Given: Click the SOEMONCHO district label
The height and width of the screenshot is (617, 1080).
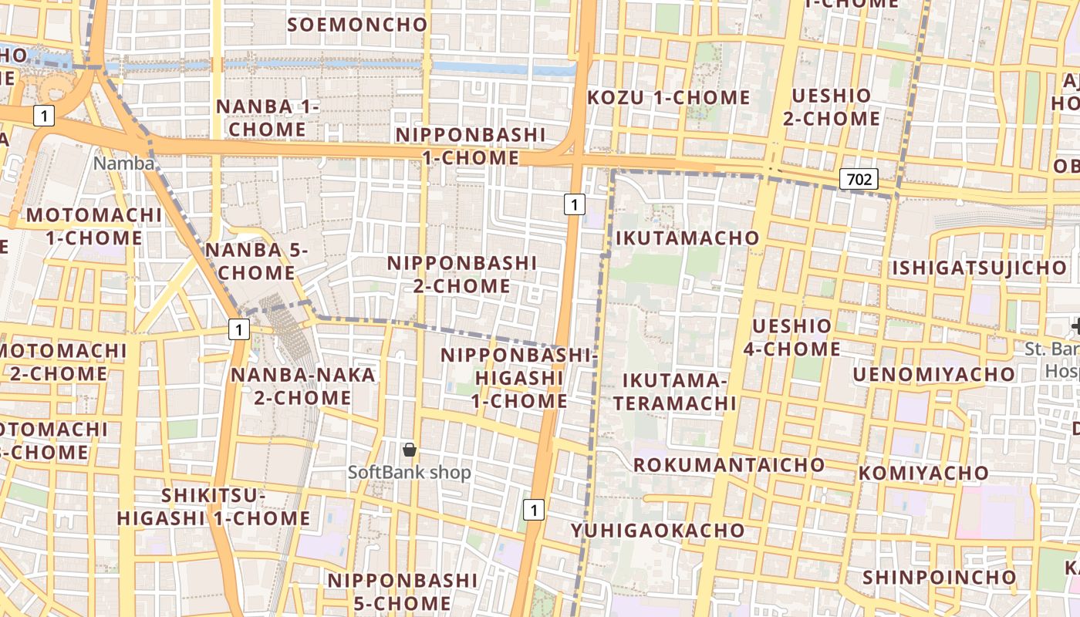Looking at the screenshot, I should click(357, 25).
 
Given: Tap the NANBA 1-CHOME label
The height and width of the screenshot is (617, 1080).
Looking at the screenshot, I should click(267, 117).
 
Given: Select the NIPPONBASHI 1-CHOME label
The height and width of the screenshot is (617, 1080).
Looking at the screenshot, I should click(470, 147).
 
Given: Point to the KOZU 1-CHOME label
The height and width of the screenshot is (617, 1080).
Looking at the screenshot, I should click(668, 98).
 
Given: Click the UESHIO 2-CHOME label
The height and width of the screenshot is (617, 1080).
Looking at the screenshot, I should click(831, 107).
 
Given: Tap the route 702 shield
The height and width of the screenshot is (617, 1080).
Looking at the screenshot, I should click(859, 180).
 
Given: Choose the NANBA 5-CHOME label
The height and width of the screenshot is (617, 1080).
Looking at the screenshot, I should click(255, 261).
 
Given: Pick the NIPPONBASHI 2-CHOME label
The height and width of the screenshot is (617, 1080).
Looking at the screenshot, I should click(461, 274).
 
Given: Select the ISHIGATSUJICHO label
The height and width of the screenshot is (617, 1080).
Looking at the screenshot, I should click(979, 268).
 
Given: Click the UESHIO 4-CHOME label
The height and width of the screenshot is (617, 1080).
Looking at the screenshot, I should click(791, 337).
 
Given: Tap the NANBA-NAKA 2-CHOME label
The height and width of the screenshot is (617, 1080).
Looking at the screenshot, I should click(303, 386).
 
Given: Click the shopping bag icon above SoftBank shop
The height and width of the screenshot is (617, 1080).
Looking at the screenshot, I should click(410, 449).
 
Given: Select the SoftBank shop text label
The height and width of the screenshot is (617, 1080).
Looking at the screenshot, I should click(409, 472).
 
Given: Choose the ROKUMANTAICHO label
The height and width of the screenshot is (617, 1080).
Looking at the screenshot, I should click(729, 465).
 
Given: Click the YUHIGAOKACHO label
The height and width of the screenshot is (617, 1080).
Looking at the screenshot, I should click(658, 531).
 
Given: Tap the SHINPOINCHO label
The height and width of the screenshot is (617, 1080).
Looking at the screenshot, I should click(939, 578).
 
